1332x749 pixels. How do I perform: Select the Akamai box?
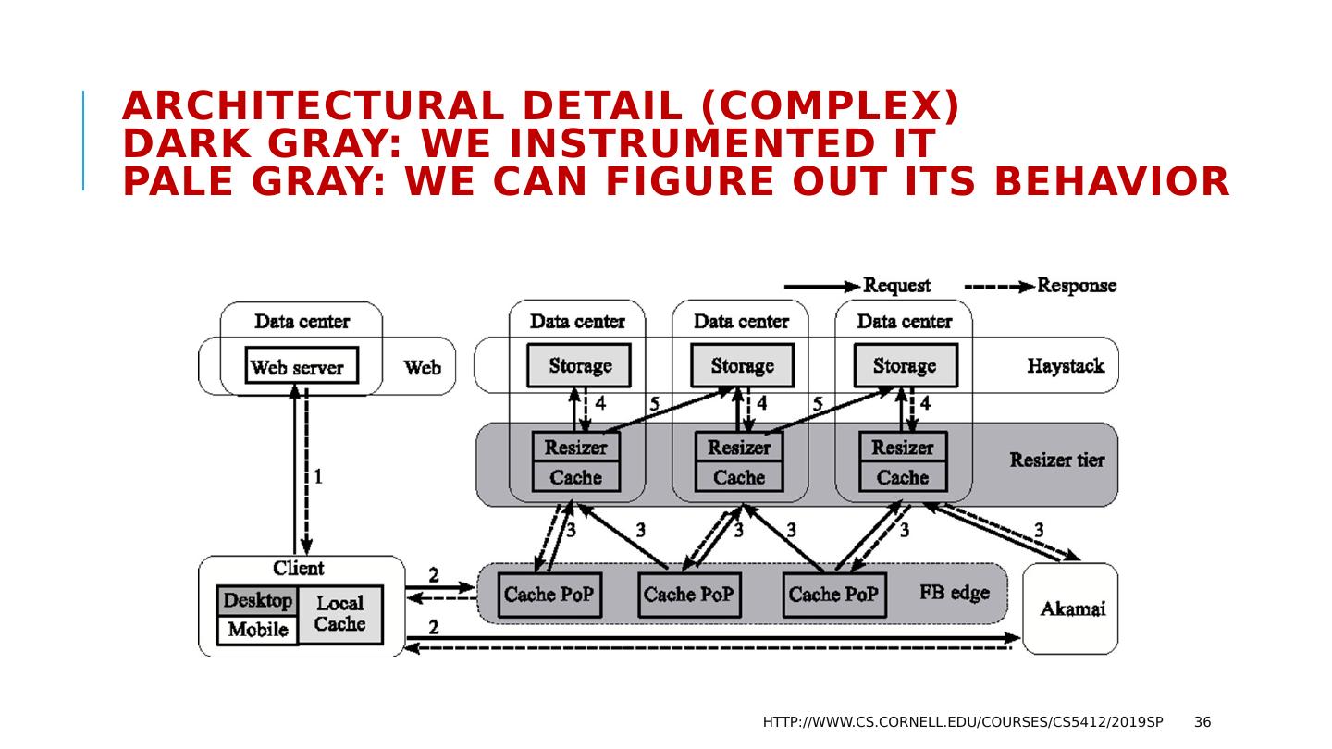[1071, 608]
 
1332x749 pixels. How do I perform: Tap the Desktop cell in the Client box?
[257, 601]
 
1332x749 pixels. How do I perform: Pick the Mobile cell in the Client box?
[257, 631]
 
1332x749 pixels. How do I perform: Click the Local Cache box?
[339, 614]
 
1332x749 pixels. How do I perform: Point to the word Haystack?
[1065, 366]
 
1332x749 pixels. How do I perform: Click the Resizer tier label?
[1056, 460]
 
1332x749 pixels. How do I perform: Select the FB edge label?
[954, 593]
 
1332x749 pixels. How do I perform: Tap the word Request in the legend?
[896, 286]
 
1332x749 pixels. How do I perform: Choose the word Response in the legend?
[1076, 286]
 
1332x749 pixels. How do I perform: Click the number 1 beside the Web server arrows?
[318, 477]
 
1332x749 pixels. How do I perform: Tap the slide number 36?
[1202, 722]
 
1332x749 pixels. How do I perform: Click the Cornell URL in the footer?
[962, 722]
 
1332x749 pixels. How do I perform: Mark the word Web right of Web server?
[422, 368]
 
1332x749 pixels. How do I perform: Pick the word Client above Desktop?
[298, 568]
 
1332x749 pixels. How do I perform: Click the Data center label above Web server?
[302, 322]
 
